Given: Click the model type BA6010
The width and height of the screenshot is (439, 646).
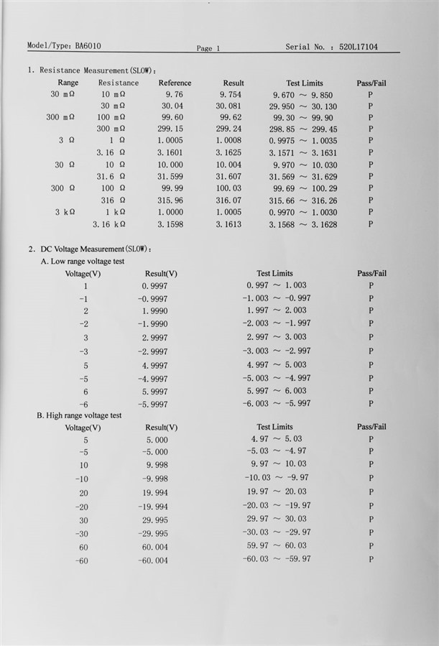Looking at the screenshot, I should tap(87, 45).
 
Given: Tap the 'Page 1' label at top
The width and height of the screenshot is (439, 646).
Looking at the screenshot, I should tap(208, 48).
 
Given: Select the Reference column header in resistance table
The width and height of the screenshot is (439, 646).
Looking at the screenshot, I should tap(175, 83).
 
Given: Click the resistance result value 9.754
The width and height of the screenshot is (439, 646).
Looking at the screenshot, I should tap(231, 94).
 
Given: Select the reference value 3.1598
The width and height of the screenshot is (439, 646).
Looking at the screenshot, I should tap(170, 224).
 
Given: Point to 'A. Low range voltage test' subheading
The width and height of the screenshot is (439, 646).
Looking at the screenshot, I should tap(83, 261).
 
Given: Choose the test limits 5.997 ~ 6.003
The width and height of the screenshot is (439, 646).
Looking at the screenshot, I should tap(276, 391).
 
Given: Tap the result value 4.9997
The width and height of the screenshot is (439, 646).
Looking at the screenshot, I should tap(154, 366).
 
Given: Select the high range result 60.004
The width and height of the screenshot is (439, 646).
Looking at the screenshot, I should tap(157, 547).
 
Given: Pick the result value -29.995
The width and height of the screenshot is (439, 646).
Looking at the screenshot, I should tap(152, 534).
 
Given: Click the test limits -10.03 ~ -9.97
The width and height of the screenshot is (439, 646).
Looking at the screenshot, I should tap(276, 477).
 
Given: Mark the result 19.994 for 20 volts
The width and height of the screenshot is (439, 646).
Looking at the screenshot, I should tap(157, 493).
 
